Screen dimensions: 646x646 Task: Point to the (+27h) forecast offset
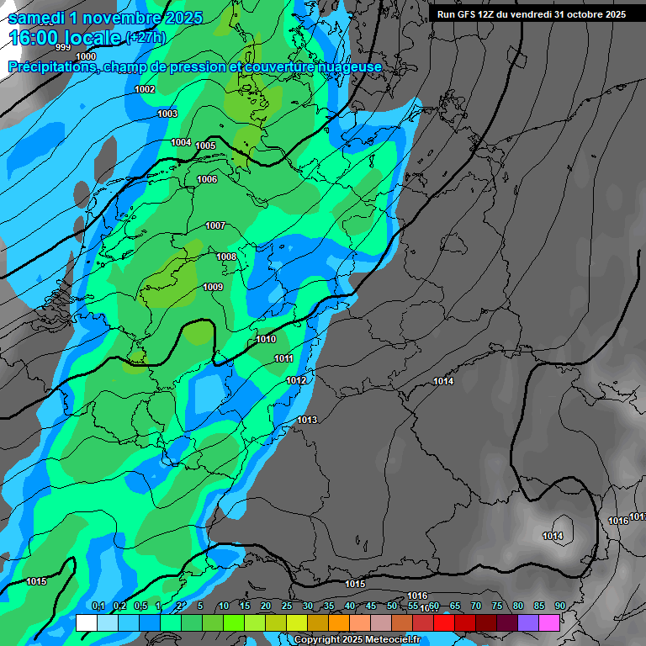click(x=146, y=38)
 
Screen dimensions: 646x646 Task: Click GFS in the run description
click(x=464, y=14)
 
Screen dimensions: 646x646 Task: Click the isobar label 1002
click(x=145, y=89)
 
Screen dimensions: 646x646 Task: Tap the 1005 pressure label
click(x=205, y=146)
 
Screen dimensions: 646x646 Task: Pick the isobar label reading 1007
click(x=215, y=225)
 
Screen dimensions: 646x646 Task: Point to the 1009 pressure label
click(x=213, y=288)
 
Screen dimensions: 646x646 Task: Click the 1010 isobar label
click(x=266, y=339)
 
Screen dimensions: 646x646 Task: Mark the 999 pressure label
click(x=63, y=48)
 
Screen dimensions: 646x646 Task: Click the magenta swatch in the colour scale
click(x=549, y=622)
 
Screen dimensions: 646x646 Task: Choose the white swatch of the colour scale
click(x=86, y=622)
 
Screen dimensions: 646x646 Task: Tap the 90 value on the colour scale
click(x=559, y=606)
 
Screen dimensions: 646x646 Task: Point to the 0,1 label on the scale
click(x=98, y=606)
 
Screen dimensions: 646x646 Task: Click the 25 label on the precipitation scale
click(x=287, y=606)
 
